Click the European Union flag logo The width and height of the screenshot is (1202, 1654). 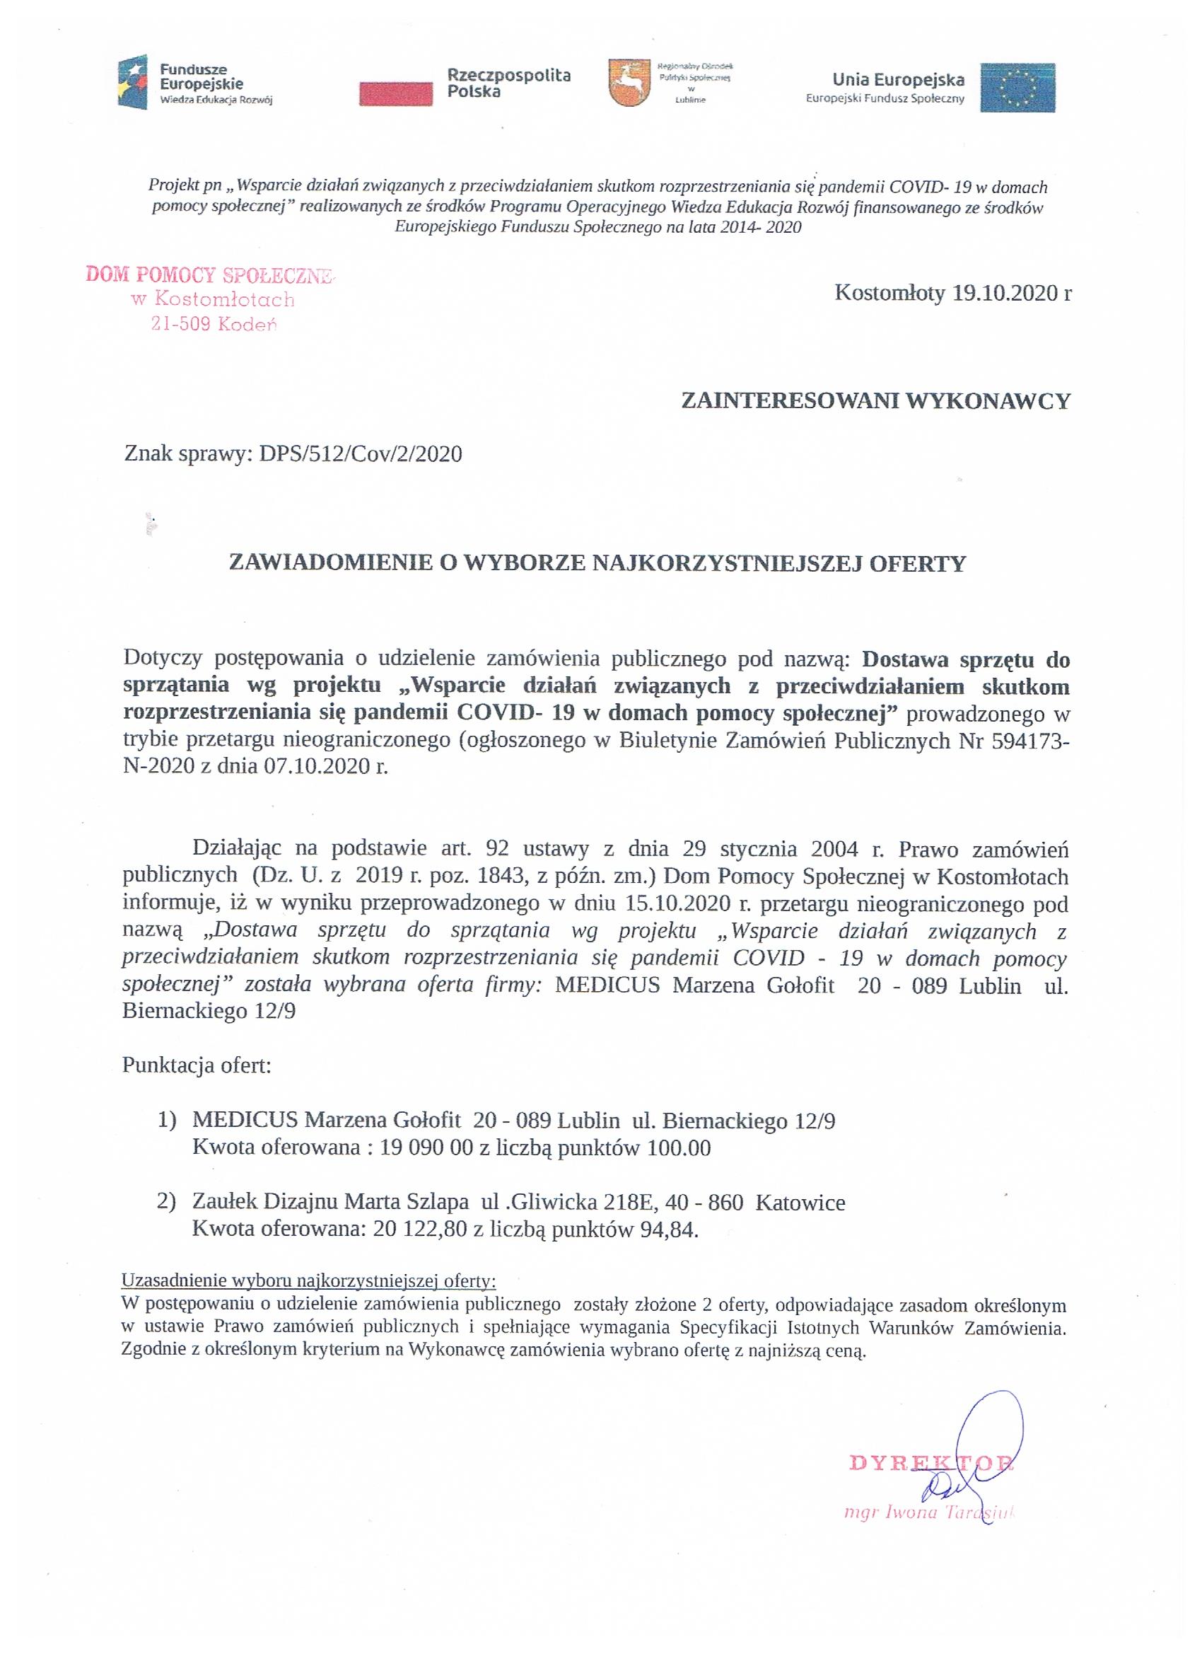point(1017,88)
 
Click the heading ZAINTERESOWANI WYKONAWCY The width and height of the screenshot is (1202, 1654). point(875,400)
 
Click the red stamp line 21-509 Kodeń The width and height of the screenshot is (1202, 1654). point(214,324)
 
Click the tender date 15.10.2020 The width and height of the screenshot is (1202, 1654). point(677,904)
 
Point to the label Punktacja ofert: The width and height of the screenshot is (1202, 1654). point(197,1065)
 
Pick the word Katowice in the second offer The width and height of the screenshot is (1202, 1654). point(800,1202)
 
